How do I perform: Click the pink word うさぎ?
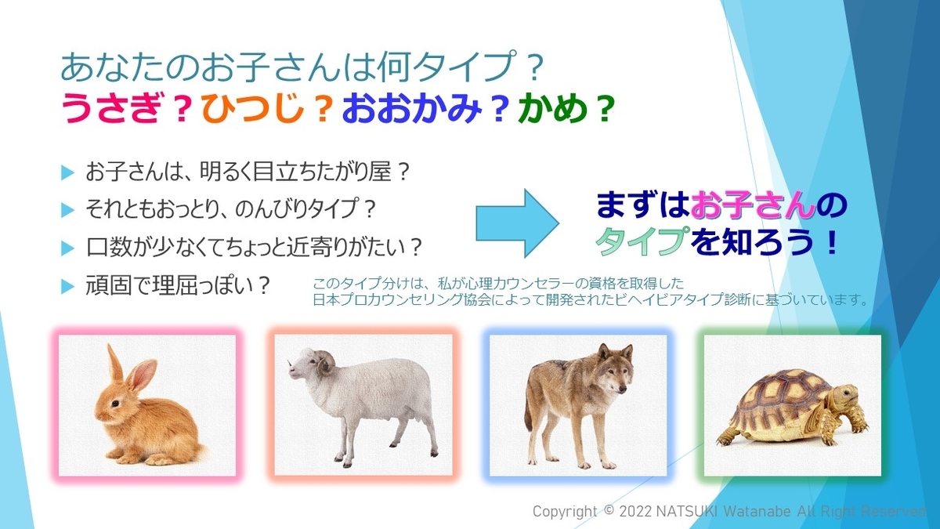[x=110, y=107]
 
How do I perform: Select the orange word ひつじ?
[x=253, y=107]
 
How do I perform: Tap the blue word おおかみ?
[x=411, y=107]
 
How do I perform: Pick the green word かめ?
[x=553, y=107]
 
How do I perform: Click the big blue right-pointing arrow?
[x=518, y=223]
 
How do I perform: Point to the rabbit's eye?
[x=114, y=403]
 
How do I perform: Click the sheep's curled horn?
[x=325, y=363]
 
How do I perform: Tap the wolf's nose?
[x=622, y=391]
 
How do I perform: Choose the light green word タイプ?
[x=642, y=241]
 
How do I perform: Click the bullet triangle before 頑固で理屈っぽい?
[x=67, y=286]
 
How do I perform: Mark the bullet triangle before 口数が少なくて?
[x=67, y=248]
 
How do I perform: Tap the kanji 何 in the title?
[x=392, y=67]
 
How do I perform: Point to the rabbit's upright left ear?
[x=116, y=364]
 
